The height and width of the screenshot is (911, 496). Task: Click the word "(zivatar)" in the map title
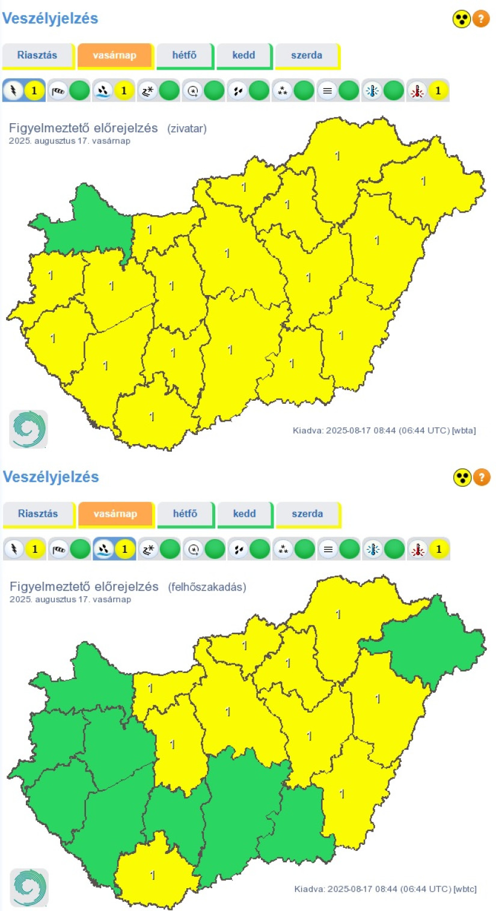pyautogui.click(x=187, y=128)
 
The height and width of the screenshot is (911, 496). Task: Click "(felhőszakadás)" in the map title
pyautogui.click(x=207, y=587)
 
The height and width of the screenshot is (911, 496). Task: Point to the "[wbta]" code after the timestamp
pyautogui.click(x=464, y=430)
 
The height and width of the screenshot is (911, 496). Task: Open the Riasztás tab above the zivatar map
pyautogui.click(x=37, y=55)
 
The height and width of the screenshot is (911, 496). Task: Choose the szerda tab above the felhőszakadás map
pyautogui.click(x=307, y=514)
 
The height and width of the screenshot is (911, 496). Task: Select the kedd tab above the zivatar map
pyautogui.click(x=244, y=55)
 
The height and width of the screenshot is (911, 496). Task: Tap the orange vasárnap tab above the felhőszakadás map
pyautogui.click(x=115, y=514)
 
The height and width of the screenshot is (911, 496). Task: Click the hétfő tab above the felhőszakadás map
pyautogui.click(x=185, y=514)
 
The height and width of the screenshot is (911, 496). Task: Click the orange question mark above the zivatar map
pyautogui.click(x=481, y=19)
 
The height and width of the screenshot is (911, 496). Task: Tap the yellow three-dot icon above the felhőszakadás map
pyautogui.click(x=462, y=478)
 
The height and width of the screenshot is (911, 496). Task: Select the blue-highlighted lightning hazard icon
pyautogui.click(x=13, y=91)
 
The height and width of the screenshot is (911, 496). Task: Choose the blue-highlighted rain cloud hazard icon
pyautogui.click(x=103, y=549)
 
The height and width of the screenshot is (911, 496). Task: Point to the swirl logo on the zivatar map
pyautogui.click(x=28, y=429)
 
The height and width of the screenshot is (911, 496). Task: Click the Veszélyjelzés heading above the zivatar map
pyautogui.click(x=50, y=19)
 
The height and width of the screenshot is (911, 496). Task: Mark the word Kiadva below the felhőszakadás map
pyautogui.click(x=308, y=889)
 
